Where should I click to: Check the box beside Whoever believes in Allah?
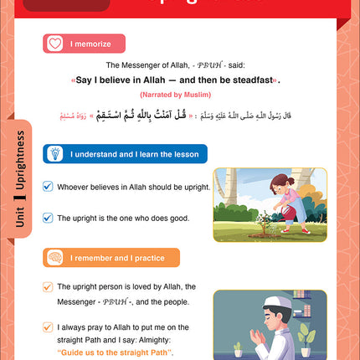point(48,189)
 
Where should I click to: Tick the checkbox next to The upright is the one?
point(48,218)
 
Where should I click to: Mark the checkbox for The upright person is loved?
point(48,286)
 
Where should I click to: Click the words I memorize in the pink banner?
point(88,44)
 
